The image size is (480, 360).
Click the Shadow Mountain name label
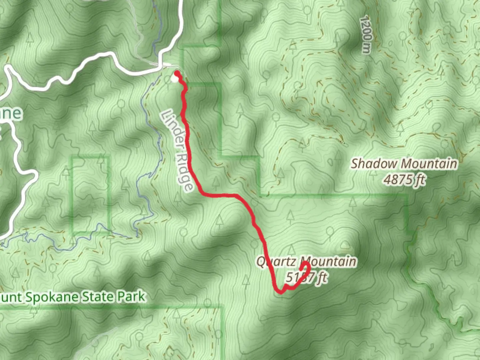pyautogui.click(x=404, y=164)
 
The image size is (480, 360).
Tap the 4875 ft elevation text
pyautogui.click(x=404, y=180)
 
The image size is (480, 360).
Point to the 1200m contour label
pyautogui.click(x=366, y=35)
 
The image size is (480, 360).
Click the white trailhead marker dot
pyautogui.click(x=174, y=79)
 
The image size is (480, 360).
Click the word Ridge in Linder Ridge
pyautogui.click(x=185, y=173)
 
